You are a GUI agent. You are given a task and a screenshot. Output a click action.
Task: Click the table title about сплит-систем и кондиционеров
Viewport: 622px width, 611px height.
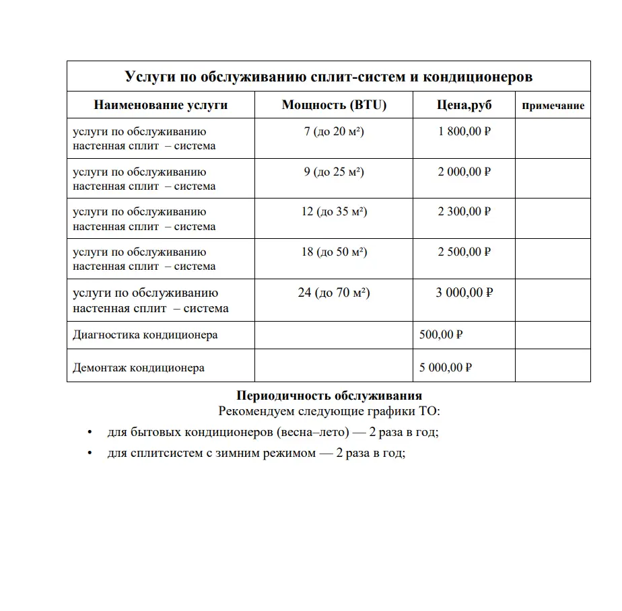pos(329,77)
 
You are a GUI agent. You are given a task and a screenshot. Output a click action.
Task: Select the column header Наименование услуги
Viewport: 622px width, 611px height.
pos(160,105)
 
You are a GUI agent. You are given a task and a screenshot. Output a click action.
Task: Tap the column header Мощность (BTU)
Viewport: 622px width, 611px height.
pos(334,105)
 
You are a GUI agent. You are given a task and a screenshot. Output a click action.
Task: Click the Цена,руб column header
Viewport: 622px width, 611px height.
pos(464,105)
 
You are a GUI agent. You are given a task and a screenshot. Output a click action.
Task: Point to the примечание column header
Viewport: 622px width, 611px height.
pos(553,106)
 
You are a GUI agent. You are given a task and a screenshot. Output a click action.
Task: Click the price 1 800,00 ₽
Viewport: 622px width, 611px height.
pos(464,131)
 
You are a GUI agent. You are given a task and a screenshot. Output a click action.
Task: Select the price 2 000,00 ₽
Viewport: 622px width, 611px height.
pos(464,172)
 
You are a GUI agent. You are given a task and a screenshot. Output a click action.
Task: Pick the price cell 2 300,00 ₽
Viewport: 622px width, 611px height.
pos(464,211)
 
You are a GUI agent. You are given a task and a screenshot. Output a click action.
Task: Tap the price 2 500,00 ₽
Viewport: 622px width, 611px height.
pos(464,252)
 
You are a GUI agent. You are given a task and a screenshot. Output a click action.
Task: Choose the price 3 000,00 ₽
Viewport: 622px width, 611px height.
pos(464,293)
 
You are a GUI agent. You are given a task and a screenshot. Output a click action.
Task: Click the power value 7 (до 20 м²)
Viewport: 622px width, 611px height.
pos(334,131)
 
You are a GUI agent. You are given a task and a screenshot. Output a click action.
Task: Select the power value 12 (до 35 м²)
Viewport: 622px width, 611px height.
pos(334,211)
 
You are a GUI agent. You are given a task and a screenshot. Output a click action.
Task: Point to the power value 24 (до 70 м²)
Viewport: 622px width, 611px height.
pos(334,293)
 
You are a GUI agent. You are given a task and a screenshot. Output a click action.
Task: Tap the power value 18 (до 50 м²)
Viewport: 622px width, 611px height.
pos(334,252)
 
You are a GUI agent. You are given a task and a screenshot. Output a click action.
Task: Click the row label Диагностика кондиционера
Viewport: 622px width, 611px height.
pos(145,334)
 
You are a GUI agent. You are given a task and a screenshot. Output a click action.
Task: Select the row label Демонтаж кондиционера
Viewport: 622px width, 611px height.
pos(138,367)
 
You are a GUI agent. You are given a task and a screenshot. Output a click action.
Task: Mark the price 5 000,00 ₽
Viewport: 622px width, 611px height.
pos(445,367)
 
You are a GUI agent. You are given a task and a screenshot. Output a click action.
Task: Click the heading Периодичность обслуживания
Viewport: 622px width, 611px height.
pos(329,395)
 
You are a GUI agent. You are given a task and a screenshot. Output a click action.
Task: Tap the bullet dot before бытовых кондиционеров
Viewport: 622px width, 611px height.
pos(90,432)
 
